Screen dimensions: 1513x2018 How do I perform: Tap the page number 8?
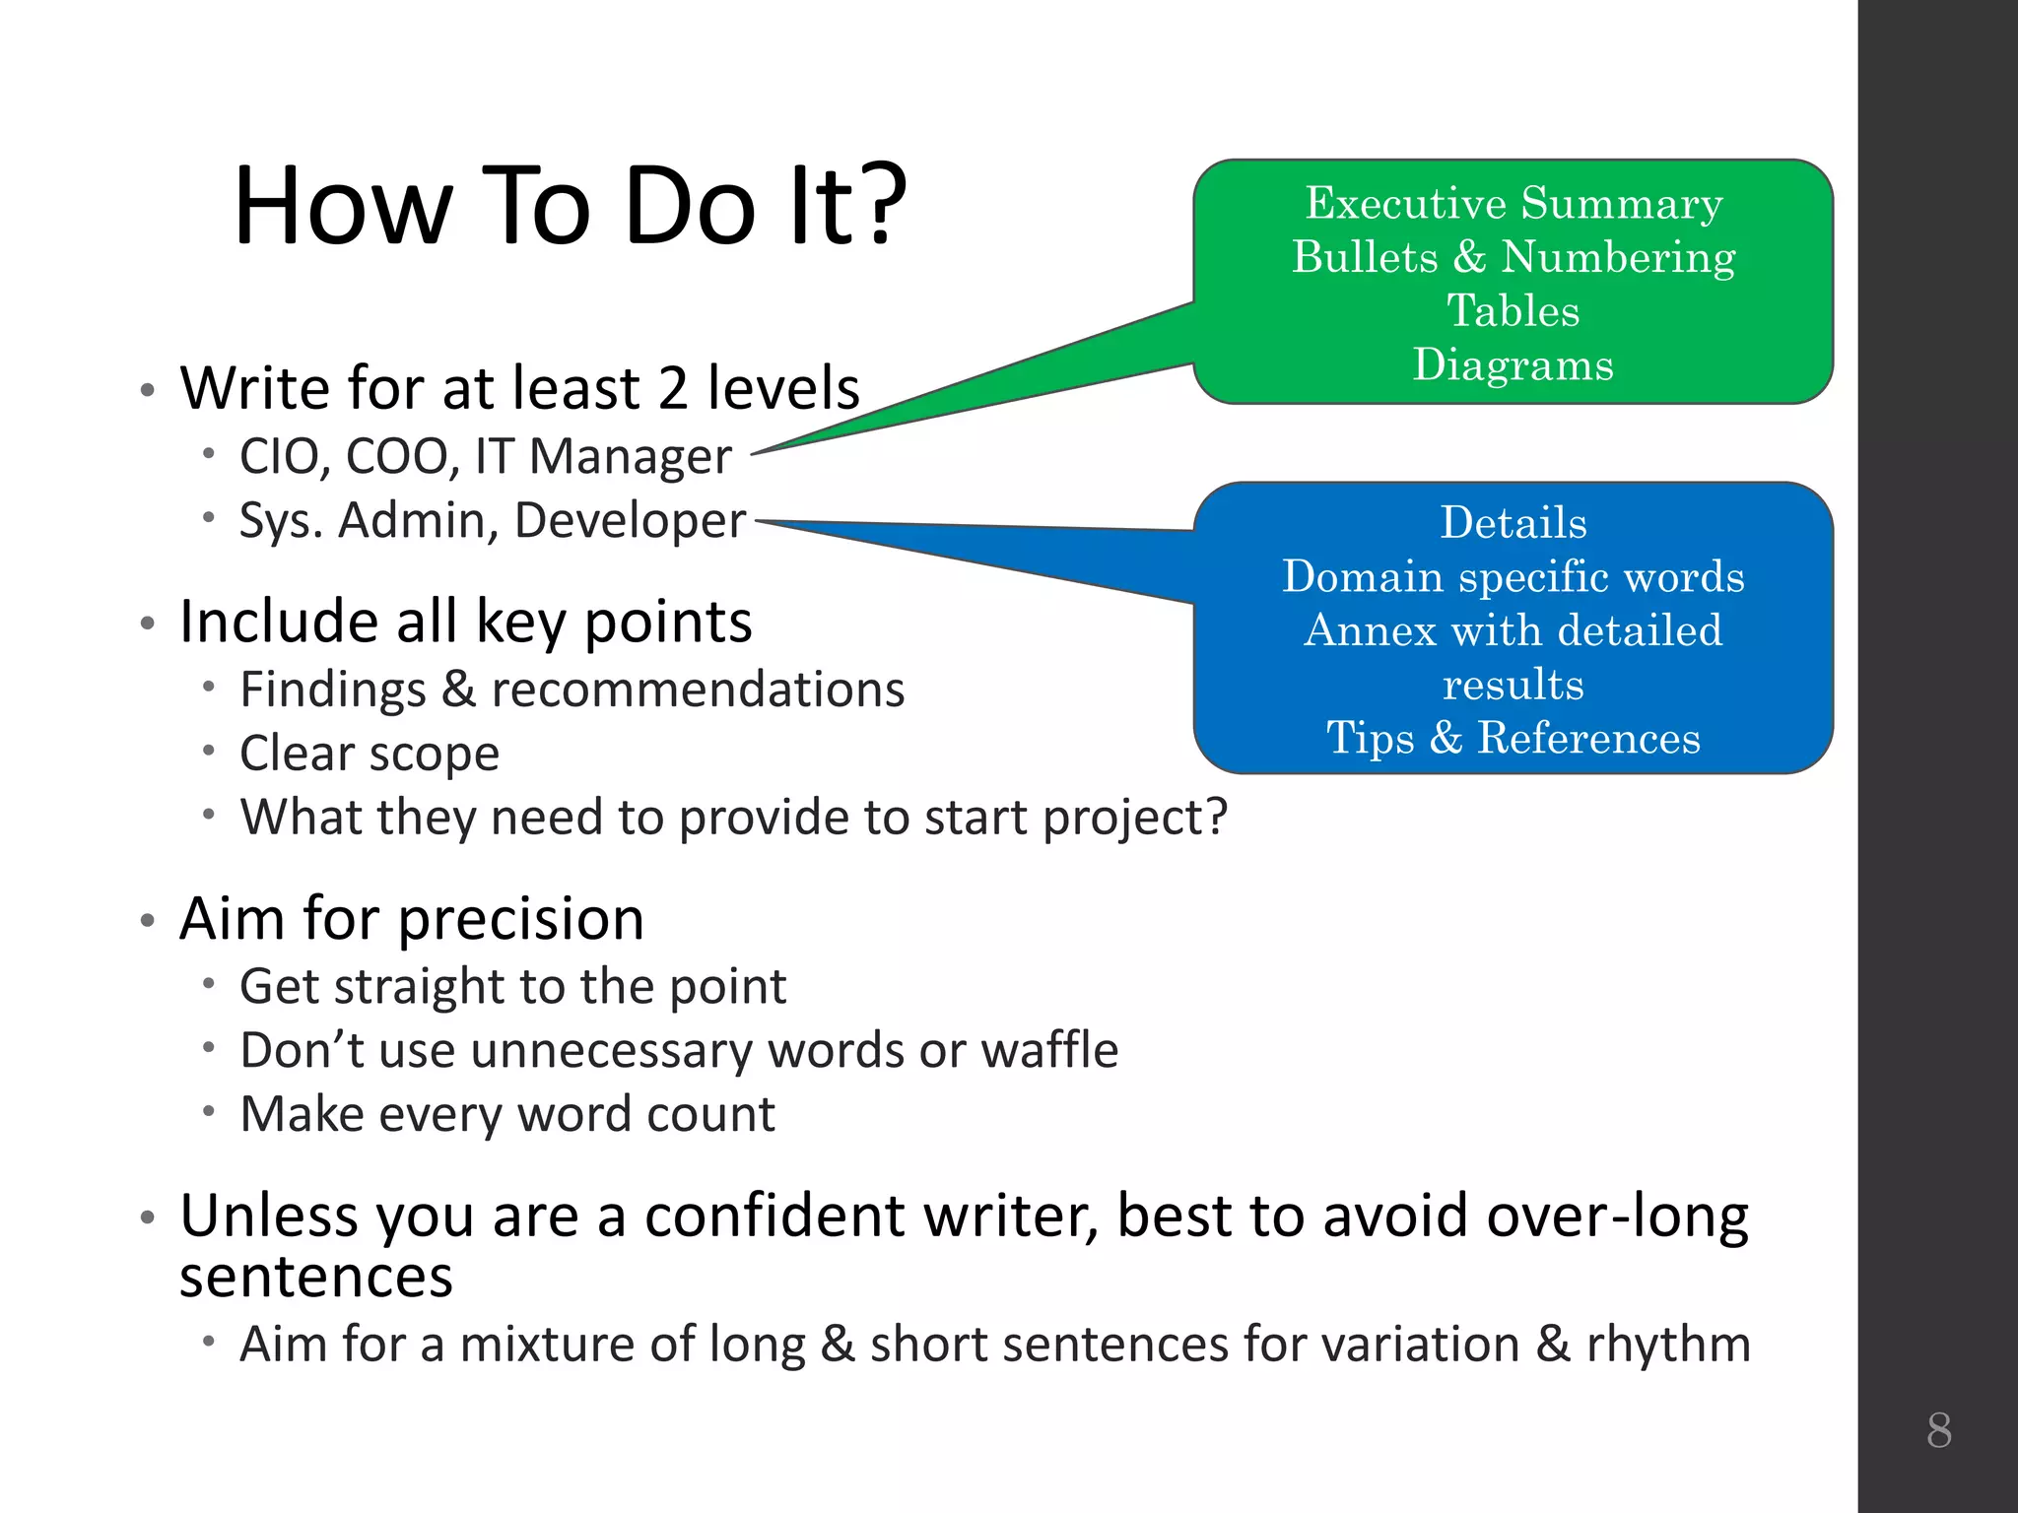tap(1938, 1430)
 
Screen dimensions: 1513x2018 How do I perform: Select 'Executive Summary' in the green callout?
tap(1513, 204)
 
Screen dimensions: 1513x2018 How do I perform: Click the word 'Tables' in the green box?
tap(1513, 311)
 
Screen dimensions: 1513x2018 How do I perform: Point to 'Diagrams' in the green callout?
tap(1513, 365)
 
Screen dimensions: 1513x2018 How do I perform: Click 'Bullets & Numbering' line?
tap(1513, 258)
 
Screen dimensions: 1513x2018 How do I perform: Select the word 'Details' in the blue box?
tap(1513, 523)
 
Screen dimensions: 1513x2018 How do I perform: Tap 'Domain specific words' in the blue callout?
tap(1513, 577)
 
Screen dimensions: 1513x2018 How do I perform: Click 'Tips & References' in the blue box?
tap(1513, 739)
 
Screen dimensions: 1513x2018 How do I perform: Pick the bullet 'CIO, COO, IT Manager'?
tap(485, 457)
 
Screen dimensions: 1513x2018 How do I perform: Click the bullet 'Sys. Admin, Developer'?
tap(492, 521)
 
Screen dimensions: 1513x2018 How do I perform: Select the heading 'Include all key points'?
tap(465, 623)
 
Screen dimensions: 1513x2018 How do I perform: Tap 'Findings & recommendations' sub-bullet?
tap(572, 690)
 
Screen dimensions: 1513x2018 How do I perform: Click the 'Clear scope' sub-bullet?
tap(370, 754)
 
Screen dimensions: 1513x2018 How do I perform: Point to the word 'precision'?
tap(521, 920)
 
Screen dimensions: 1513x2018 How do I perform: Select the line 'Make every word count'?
tap(507, 1115)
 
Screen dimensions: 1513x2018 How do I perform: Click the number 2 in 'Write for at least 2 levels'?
tap(672, 389)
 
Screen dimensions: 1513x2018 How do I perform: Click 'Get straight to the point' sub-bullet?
tap(512, 987)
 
